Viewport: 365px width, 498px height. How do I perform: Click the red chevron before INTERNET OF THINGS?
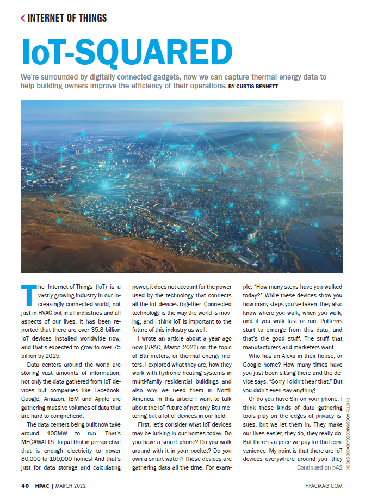(x=23, y=19)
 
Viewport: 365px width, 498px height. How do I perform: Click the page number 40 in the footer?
(x=25, y=485)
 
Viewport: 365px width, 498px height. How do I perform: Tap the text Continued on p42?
(x=319, y=467)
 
